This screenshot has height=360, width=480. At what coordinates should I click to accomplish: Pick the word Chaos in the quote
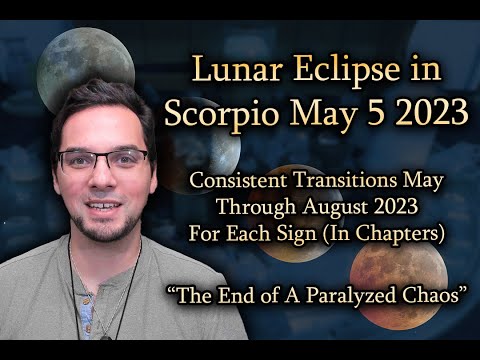430,300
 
